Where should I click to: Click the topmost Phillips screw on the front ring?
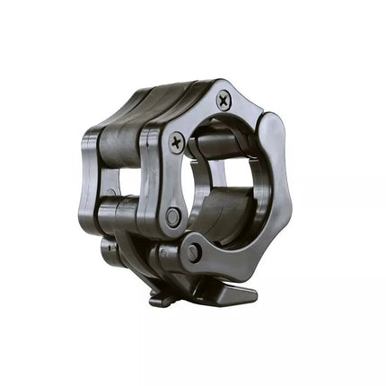click(x=223, y=101)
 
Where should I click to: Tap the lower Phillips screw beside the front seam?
click(x=178, y=142)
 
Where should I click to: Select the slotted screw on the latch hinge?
click(x=193, y=252)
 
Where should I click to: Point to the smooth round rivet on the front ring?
click(x=172, y=216)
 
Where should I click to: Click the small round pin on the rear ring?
click(x=109, y=194)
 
